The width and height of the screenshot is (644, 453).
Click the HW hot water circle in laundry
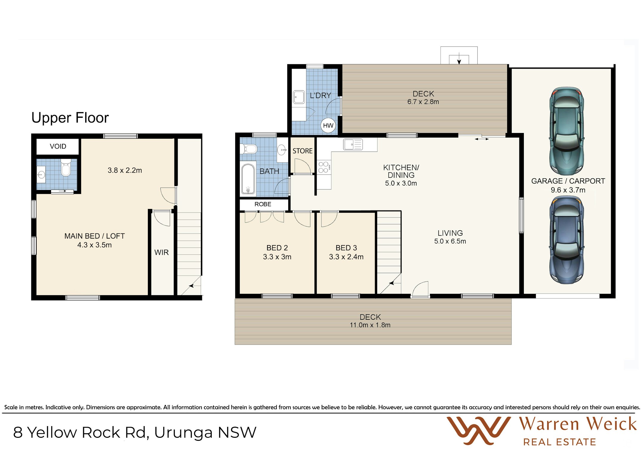pos(328,125)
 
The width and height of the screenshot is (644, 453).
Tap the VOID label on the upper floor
pos(58,146)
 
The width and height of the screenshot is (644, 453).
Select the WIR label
pos(161,252)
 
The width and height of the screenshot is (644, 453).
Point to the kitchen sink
pos(353,145)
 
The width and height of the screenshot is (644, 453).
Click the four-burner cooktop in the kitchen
pos(324,167)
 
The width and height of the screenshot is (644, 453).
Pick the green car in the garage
pos(566,131)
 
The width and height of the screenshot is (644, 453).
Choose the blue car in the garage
pos(566,240)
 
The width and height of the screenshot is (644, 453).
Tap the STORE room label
pos(302,151)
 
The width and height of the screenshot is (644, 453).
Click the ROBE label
pos(263,204)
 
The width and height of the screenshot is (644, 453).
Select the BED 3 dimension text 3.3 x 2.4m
pos(346,257)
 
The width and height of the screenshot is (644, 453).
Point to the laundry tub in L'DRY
pos(299,97)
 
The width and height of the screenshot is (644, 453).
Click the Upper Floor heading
pos(70,118)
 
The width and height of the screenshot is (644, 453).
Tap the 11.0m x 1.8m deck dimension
pos(370,325)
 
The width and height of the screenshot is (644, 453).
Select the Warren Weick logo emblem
pos(479,430)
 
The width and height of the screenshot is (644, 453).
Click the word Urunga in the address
pos(183,433)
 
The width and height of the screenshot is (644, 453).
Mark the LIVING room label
pos(450,233)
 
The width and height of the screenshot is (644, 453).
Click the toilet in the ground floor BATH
pos(249,149)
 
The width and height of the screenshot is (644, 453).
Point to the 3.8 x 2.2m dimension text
pos(125,170)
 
